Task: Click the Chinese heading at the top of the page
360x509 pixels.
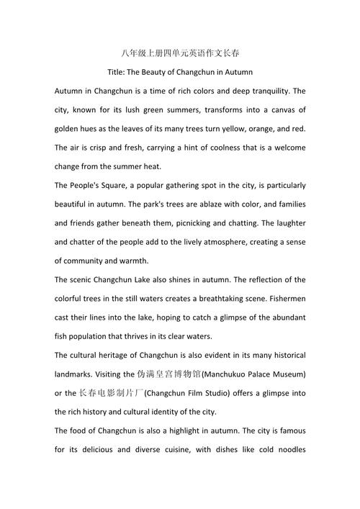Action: (180, 54)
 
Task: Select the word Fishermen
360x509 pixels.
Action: (283, 298)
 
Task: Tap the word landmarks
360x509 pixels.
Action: (76, 374)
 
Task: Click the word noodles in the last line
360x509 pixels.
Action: (285, 449)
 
